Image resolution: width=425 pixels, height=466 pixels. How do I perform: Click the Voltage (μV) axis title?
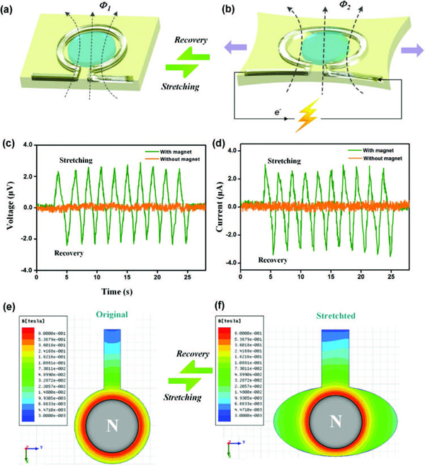click(11, 207)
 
